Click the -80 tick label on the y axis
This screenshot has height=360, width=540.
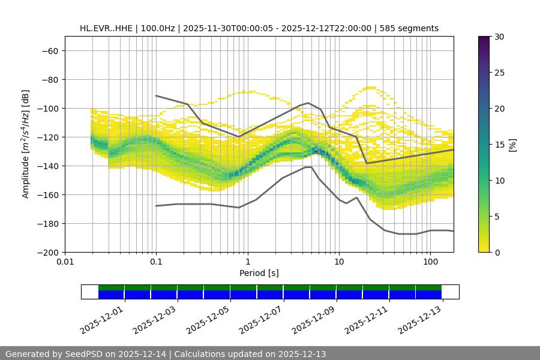(49, 79)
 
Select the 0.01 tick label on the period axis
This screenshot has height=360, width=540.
(65, 262)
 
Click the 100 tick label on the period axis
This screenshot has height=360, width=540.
(430, 262)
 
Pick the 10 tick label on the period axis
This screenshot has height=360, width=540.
(339, 262)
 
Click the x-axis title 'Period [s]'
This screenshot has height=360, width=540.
(259, 273)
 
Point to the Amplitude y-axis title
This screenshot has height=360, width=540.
(26, 144)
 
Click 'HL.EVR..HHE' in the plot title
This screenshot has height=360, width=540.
(106, 28)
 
